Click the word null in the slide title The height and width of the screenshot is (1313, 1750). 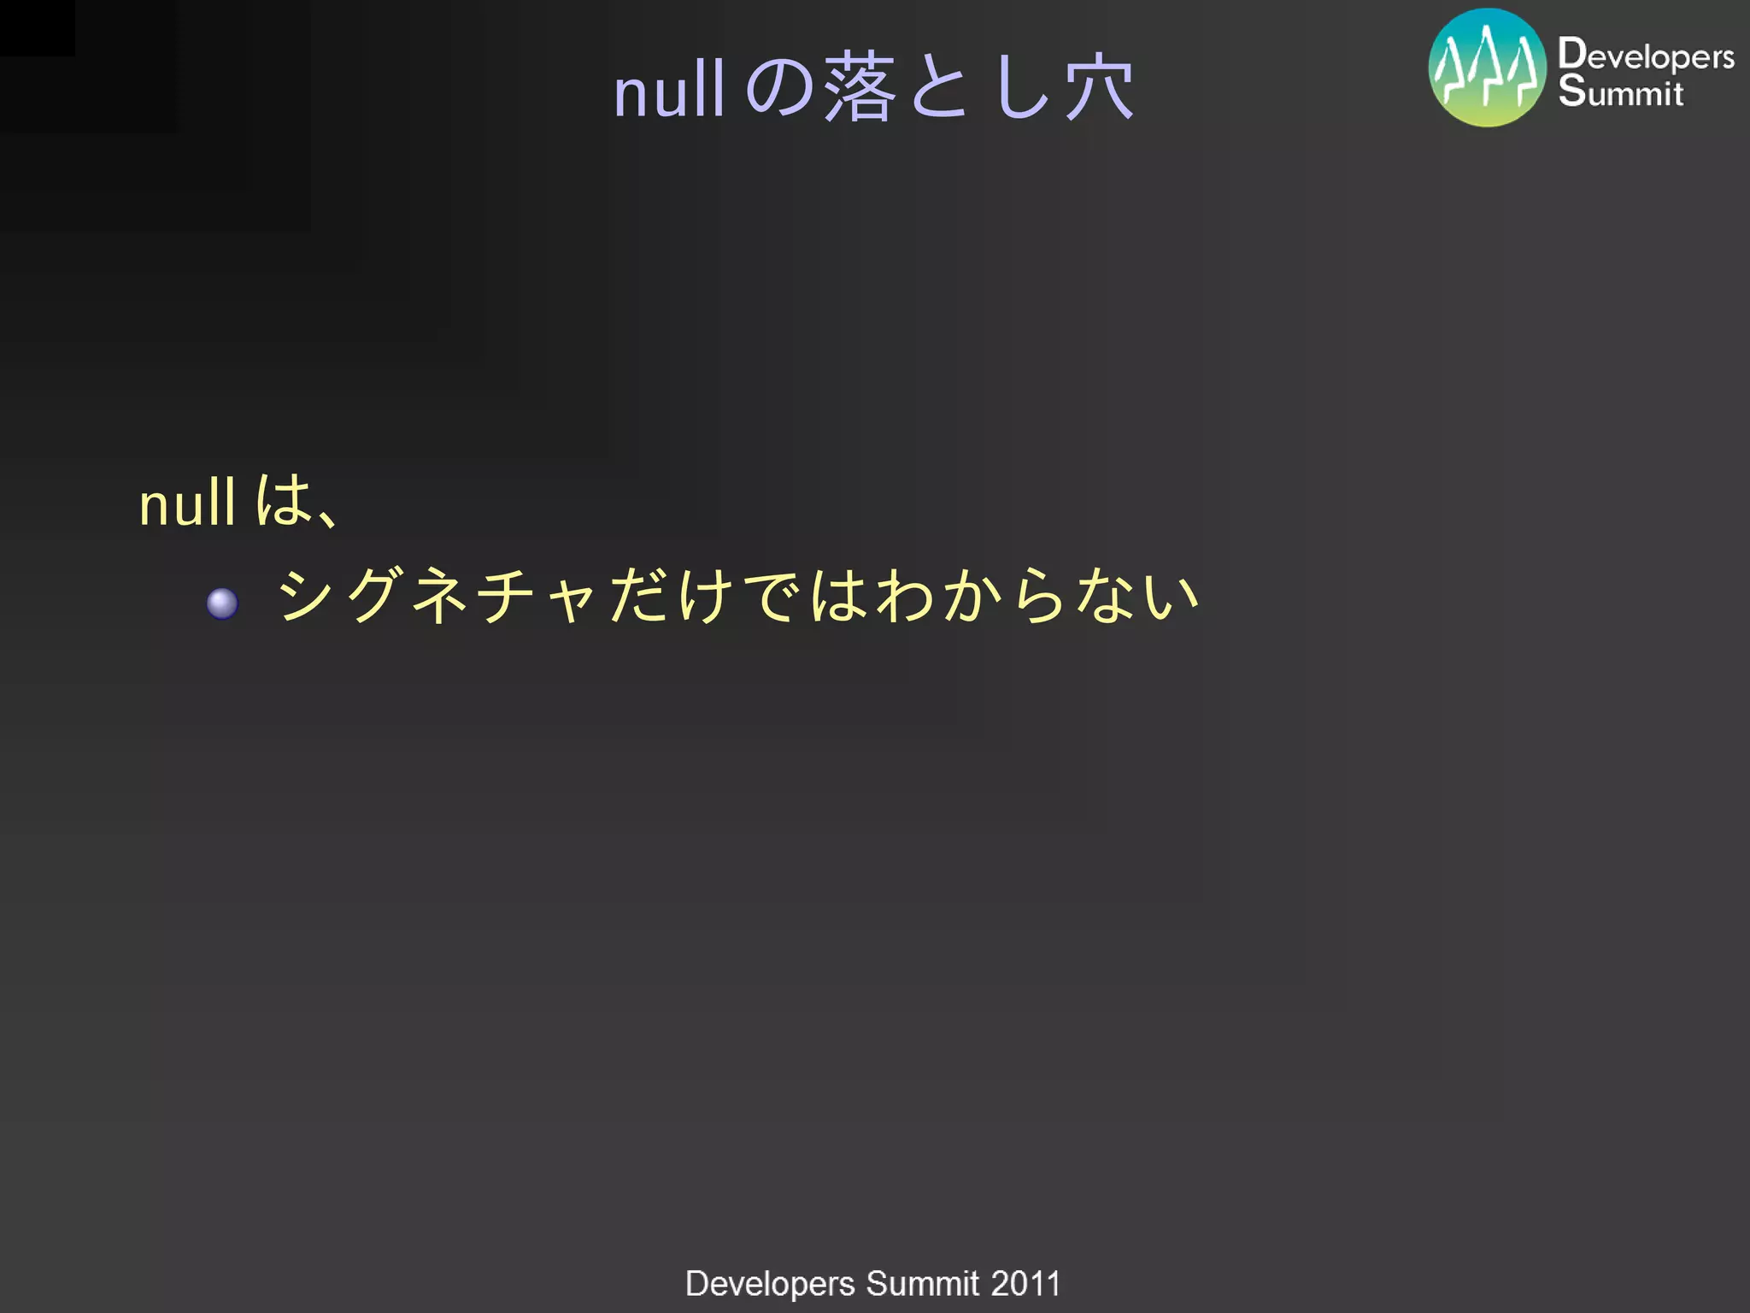point(669,91)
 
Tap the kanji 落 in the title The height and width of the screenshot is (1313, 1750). point(860,87)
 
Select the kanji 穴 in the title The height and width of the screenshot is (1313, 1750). point(1100,87)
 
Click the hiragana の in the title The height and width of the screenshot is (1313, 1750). point(779,87)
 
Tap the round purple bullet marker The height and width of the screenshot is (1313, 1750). point(222,604)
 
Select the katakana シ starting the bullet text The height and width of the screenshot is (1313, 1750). point(306,596)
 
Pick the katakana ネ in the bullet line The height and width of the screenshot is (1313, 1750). point(440,596)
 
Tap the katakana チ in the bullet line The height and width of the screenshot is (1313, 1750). point(507,596)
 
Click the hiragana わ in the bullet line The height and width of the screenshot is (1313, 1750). point(906,596)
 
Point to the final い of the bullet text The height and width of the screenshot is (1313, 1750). point(1172,596)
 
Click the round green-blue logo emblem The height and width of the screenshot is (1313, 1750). point(1487,68)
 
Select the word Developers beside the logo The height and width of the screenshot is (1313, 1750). point(1646,55)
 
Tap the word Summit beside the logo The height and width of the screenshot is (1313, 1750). point(1621,91)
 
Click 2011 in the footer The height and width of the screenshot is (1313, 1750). point(1025,1283)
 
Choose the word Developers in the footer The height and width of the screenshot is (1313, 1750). point(770,1284)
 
